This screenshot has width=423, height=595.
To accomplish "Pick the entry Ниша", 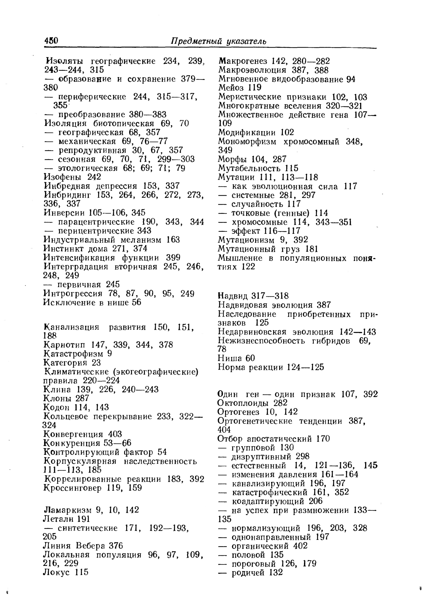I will (229, 358).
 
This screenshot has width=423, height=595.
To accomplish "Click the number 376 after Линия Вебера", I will (116, 546).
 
